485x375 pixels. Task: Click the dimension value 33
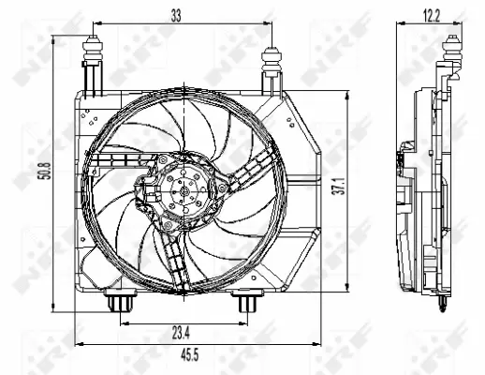[176, 13]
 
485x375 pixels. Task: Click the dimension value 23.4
[182, 331]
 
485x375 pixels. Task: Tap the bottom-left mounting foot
[120, 304]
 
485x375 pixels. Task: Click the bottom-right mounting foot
[245, 304]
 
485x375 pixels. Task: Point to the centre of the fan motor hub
[184, 195]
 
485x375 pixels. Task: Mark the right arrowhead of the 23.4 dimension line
[242, 322]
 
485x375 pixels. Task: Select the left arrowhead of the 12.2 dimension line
[397, 23]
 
